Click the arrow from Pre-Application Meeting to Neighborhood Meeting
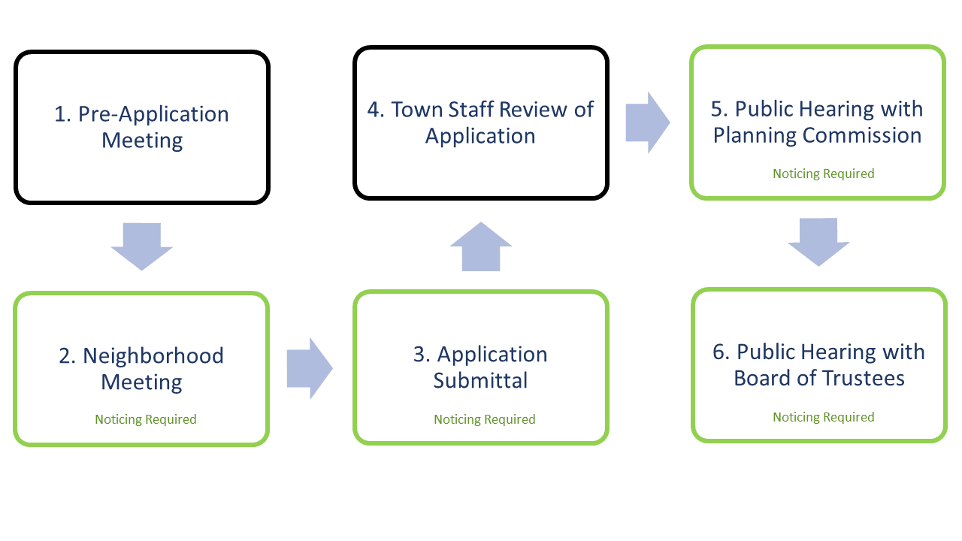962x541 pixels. [141, 246]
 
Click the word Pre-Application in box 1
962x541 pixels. [153, 114]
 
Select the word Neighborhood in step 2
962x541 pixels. [153, 355]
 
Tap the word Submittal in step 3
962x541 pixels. [480, 380]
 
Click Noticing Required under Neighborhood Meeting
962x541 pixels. [146, 419]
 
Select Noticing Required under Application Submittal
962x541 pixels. [485, 419]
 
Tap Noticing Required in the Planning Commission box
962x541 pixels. [824, 174]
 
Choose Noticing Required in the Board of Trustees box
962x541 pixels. [824, 417]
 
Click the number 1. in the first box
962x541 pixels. [62, 114]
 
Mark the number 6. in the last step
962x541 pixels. [721, 352]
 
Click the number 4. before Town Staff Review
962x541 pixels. [376, 109]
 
